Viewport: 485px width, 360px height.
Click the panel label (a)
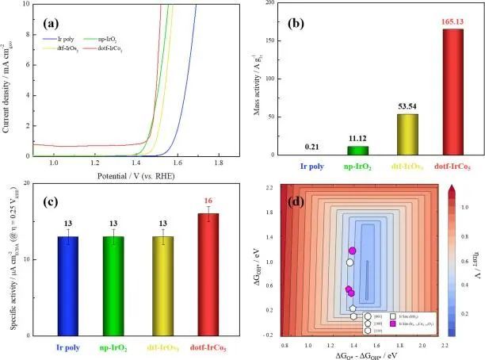coord(57,14)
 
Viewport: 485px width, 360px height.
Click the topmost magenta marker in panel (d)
coord(353,251)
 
